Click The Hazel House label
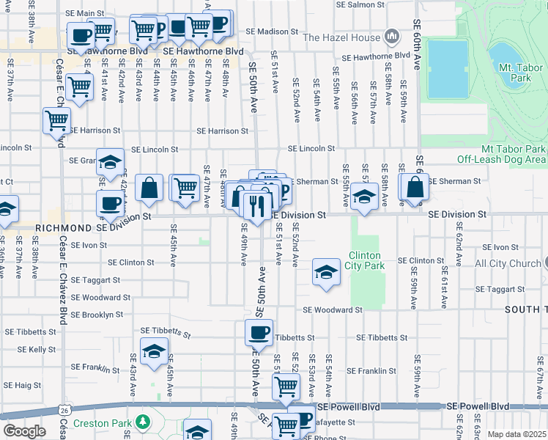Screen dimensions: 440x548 tap(341, 37)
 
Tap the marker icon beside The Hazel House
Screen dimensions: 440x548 tap(391, 36)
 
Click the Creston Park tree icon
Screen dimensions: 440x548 tap(144, 422)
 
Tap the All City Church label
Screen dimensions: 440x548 tap(508, 263)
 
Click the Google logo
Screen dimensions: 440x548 tap(24, 431)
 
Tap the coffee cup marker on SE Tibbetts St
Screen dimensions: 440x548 tap(259, 333)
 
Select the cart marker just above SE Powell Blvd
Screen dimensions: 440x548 tap(286, 386)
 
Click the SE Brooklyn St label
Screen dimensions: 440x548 tap(92, 315)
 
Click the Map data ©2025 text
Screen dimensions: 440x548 tap(516, 434)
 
